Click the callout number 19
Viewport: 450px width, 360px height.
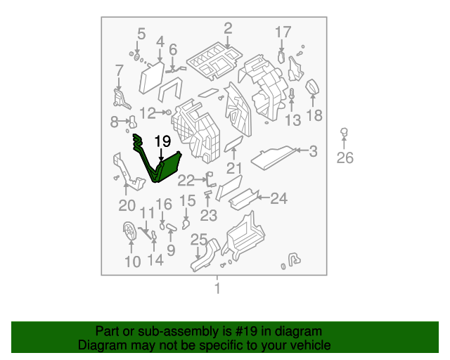(162, 141)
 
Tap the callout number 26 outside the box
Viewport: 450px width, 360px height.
(345, 157)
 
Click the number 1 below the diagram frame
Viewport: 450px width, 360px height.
(217, 288)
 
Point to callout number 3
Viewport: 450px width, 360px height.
(313, 150)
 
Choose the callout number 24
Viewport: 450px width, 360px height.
(279, 199)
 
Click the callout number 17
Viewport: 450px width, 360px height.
(283, 32)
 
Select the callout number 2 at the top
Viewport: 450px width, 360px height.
(228, 28)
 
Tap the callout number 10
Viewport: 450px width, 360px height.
(133, 262)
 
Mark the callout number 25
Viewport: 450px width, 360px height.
(199, 240)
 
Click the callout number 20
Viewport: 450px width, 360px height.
(127, 205)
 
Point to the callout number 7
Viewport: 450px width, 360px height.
(119, 70)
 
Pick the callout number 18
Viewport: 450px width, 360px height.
(314, 115)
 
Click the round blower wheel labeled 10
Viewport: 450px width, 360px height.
(130, 231)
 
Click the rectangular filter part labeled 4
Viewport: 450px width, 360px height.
(153, 76)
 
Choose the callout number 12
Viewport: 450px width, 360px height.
(147, 112)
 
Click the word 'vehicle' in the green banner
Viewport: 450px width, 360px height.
(310, 345)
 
